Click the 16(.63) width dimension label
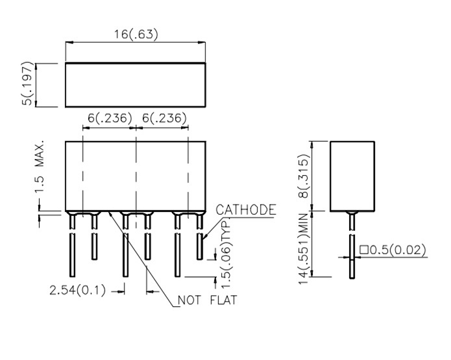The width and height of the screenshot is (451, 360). (136, 34)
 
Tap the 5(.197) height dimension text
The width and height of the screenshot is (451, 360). (28, 84)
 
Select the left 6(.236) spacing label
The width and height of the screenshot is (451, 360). (110, 118)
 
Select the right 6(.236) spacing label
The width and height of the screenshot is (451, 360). (164, 118)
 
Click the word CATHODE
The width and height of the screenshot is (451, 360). (246, 210)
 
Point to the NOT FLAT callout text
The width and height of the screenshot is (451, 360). (208, 300)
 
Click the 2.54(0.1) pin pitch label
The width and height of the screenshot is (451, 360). (78, 290)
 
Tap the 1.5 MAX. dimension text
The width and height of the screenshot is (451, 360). (40, 167)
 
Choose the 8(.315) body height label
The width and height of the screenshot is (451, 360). (303, 176)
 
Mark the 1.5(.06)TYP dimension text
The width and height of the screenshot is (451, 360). (226, 254)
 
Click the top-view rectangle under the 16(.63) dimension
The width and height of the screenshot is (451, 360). (136, 85)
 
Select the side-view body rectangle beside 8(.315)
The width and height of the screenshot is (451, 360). (352, 176)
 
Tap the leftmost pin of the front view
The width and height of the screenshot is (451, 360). (72, 245)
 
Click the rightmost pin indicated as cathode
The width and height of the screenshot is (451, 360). (200, 236)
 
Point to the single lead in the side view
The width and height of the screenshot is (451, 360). (352, 245)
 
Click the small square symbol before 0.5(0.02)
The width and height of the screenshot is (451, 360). (364, 250)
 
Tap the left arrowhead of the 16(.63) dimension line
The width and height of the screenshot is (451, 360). (69, 43)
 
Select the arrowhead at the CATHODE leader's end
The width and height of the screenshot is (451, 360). (205, 237)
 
